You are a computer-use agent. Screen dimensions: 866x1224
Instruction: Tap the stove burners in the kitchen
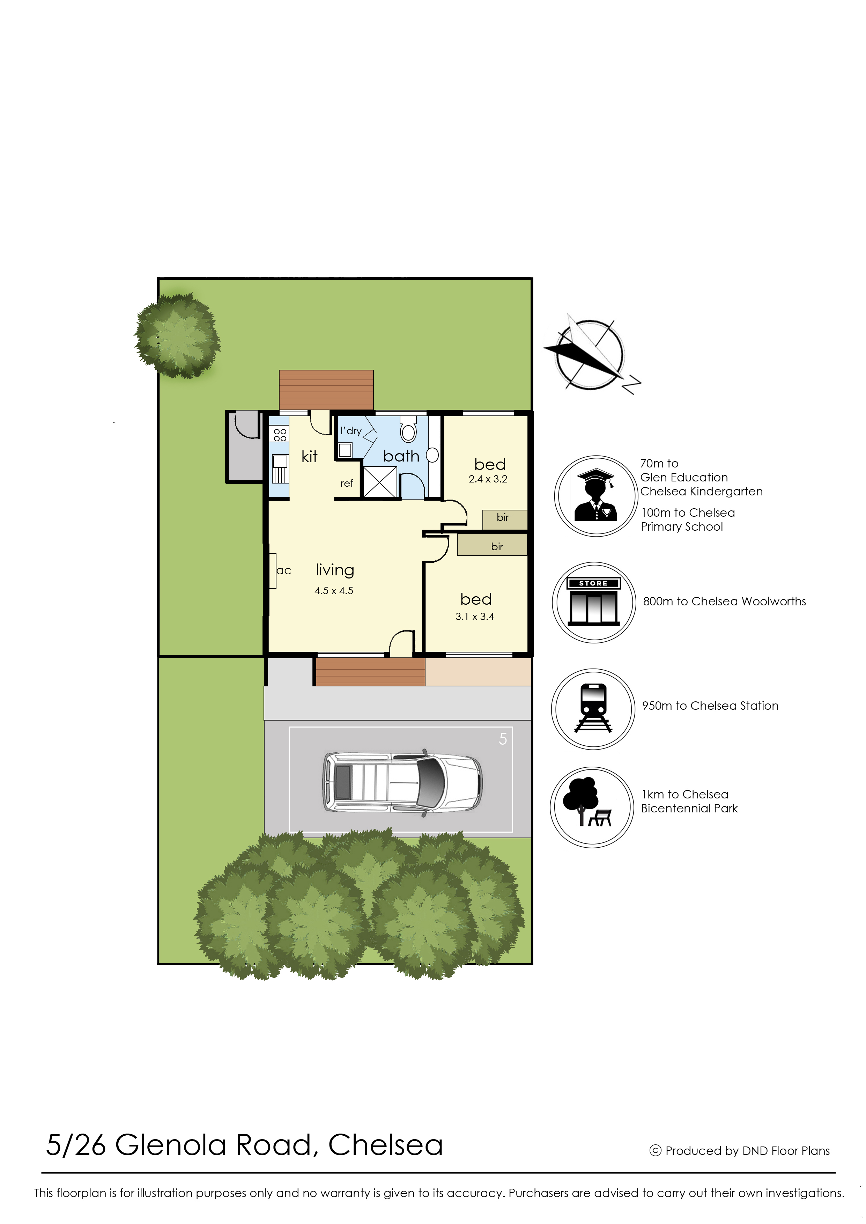[x=280, y=435]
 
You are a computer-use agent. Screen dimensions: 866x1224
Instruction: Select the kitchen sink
[x=280, y=468]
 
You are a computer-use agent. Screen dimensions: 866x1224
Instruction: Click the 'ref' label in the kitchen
[x=347, y=483]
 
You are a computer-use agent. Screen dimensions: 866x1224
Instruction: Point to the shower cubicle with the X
[x=380, y=482]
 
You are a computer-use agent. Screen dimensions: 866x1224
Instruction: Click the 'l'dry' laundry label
[x=351, y=430]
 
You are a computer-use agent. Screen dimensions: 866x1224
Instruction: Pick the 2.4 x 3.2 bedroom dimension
[x=488, y=479]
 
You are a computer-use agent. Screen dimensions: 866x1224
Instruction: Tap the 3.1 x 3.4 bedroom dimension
[x=475, y=617]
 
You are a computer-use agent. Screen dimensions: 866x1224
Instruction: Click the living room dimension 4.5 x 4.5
[x=334, y=590]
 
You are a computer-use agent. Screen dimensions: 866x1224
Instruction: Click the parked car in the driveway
[x=402, y=782]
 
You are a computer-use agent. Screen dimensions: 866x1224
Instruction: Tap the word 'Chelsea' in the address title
[x=386, y=1145]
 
